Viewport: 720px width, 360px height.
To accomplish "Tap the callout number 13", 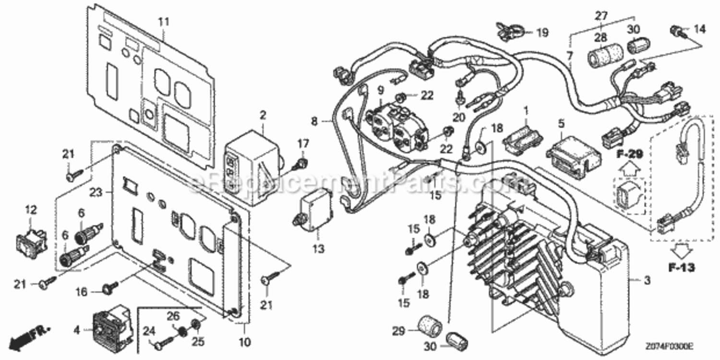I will pos(318,249).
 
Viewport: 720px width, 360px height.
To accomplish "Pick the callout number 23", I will pos(96,192).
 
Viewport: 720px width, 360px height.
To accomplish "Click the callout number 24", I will pos(149,331).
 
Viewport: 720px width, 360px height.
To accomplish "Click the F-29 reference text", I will pos(630,155).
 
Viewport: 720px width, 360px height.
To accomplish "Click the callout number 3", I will pos(647,280).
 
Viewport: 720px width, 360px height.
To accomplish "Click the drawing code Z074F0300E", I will pos(669,346).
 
